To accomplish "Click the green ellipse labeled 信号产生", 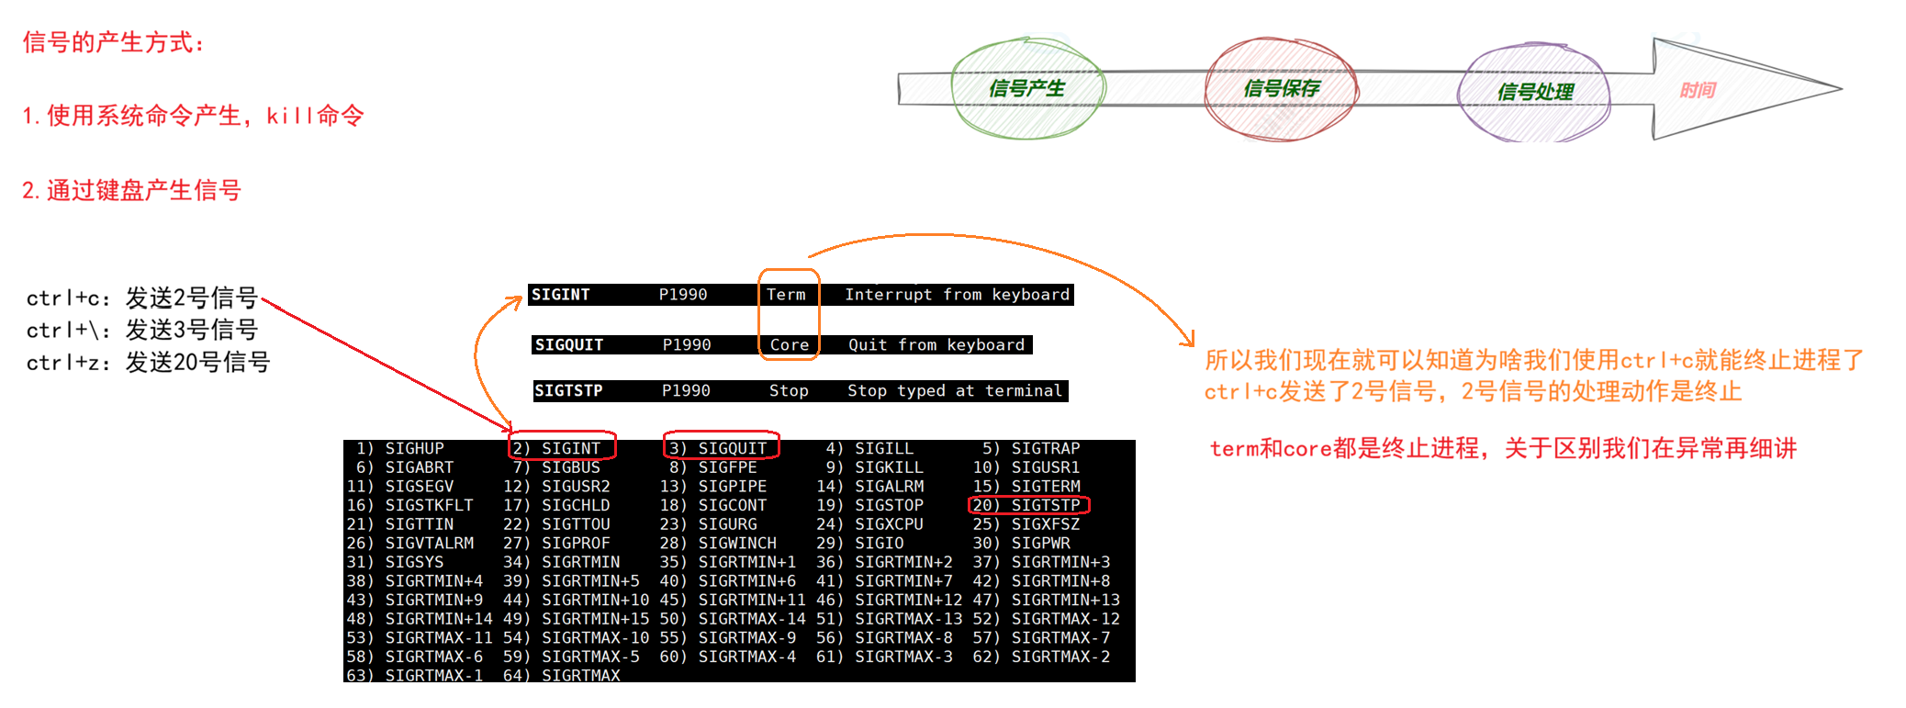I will (1027, 88).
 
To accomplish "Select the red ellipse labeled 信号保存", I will (1282, 88).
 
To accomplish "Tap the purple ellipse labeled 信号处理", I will (1535, 92).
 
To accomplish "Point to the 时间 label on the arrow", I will (1698, 90).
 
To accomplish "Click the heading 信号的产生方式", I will (113, 42).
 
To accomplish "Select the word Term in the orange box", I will (786, 295).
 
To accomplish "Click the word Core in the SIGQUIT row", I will (789, 345).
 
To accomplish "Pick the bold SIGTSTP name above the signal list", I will (568, 391).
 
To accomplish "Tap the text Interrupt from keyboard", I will (957, 295).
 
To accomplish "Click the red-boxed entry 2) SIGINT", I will (561, 448).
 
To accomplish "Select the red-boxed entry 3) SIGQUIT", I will (721, 448).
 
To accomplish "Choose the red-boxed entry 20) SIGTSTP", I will (1027, 505).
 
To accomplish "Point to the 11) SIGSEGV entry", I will (400, 487).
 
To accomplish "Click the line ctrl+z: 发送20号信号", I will (148, 363).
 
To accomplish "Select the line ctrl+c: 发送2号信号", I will (142, 298).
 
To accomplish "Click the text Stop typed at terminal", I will (954, 391).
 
